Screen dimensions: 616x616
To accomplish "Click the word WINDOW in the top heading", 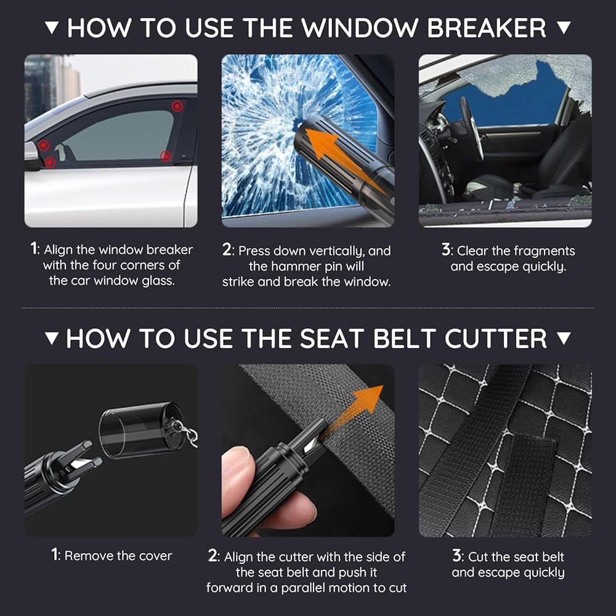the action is pos(360,28).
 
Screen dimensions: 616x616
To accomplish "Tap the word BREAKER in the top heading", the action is pos(487,28).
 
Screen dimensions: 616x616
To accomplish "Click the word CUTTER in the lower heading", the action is pos(495,339).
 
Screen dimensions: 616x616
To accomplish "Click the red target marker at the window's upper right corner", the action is pos(177,106).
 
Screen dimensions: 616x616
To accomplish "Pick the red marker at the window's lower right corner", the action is pos(166,156).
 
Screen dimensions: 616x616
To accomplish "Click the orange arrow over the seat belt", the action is pos(352,410).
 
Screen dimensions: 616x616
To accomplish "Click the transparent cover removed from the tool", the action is pos(142,430).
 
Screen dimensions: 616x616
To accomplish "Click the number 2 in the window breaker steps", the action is pos(227,250).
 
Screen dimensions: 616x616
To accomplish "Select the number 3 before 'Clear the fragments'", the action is pos(445,250).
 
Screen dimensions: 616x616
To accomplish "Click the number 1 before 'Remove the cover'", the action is pos(55,555).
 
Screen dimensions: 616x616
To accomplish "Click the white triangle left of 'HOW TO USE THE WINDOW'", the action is pos(52,28).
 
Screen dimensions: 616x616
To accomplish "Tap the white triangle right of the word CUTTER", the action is pos(564,338).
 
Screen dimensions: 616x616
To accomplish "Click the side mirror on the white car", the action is pos(31,155).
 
